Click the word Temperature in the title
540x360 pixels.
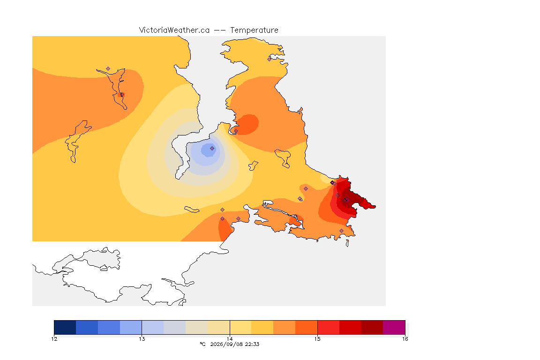coord(254,30)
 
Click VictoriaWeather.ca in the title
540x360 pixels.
coord(174,30)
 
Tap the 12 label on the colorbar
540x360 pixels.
coord(54,339)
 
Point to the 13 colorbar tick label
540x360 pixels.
coord(142,339)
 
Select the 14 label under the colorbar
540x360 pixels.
coord(230,339)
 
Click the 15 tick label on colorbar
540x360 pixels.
coord(317,339)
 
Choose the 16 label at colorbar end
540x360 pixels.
coord(405,339)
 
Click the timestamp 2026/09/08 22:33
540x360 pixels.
coord(234,344)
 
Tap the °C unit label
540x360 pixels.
coord(203,344)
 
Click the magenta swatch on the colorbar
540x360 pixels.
coord(394,327)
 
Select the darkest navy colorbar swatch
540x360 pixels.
coord(65,327)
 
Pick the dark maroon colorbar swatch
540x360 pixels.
coord(372,327)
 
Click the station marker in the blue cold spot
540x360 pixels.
coord(212,149)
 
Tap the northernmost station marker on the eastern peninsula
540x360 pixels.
coord(270,59)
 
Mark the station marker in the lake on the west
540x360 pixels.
coord(122,94)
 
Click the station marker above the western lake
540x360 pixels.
coord(108,69)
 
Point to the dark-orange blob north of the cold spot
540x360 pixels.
coord(247,125)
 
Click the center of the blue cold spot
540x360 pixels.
coord(208,150)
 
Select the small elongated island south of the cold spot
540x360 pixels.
coord(192,210)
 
